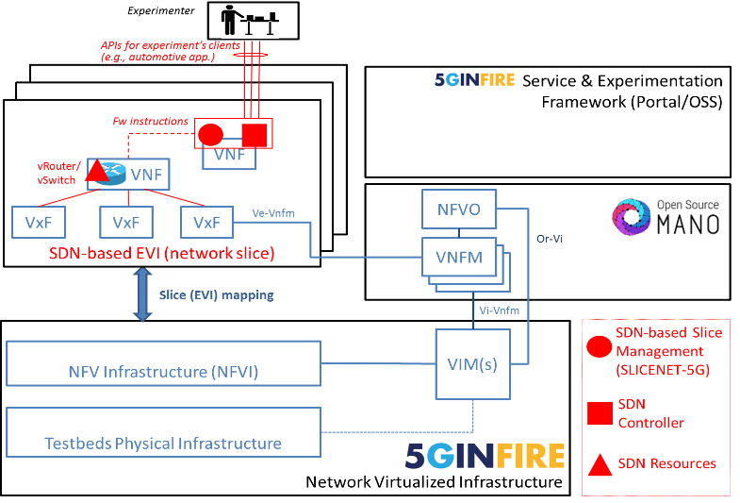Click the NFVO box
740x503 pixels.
click(458, 210)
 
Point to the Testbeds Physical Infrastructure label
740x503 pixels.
click(163, 443)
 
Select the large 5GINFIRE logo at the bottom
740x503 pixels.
click(485, 456)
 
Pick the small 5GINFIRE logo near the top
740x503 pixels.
click(474, 80)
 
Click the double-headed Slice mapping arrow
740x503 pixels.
click(142, 294)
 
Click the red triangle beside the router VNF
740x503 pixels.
click(96, 171)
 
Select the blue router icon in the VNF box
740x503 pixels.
click(117, 173)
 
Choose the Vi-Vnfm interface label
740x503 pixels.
click(500, 310)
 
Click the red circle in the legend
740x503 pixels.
click(599, 346)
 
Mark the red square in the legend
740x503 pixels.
click(599, 413)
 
